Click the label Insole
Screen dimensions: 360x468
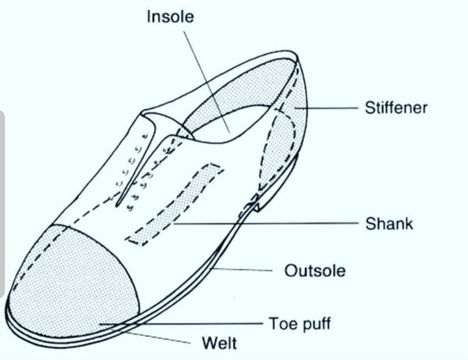pos(172,16)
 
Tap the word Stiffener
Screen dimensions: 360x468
pos(395,108)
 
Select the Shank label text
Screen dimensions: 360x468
pos(388,224)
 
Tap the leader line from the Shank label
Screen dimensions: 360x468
pos(265,225)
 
